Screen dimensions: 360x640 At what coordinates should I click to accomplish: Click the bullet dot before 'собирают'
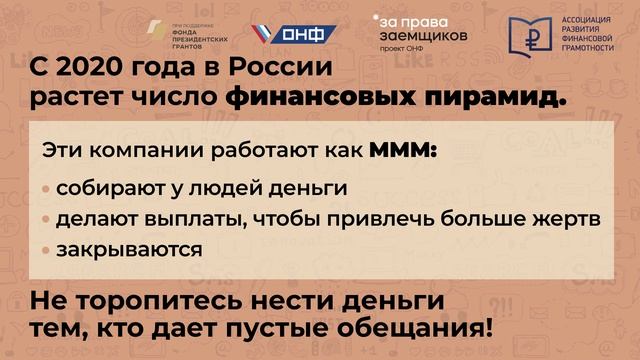(x=47, y=188)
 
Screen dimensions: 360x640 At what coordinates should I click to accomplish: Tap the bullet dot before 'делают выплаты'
(x=47, y=218)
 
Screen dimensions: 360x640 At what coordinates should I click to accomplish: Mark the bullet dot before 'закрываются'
(x=47, y=249)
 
